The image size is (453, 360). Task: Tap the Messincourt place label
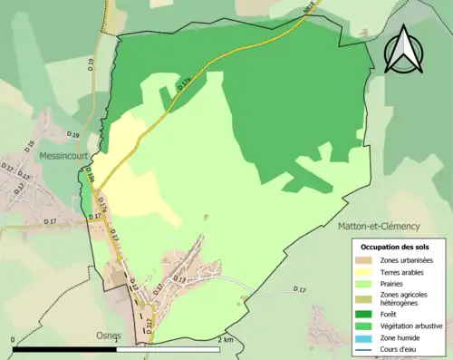click(63, 156)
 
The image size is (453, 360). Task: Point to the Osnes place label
click(109, 335)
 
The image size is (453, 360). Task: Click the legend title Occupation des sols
click(395, 247)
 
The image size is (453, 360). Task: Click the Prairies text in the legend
click(392, 283)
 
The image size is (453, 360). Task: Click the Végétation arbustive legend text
click(410, 325)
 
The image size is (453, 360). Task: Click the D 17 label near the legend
click(300, 288)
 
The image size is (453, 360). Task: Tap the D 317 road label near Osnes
click(148, 324)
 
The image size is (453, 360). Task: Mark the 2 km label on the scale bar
click(226, 340)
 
